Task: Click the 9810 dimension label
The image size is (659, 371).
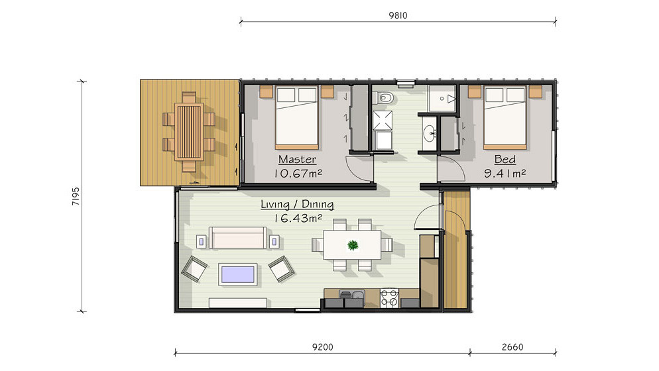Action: tap(398, 15)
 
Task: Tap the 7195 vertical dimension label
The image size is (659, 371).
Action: tap(76, 196)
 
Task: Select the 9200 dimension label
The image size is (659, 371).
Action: tap(323, 347)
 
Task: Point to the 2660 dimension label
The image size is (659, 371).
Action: tap(512, 347)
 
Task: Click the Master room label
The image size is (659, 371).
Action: tap(297, 160)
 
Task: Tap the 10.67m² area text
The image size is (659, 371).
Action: tap(298, 173)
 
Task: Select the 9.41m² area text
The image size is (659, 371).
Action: tap(505, 173)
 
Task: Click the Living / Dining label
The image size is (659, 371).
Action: tap(297, 205)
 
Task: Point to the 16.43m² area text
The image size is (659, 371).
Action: tap(298, 218)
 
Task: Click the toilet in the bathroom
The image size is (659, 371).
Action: tap(384, 98)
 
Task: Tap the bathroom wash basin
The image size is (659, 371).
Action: tap(430, 134)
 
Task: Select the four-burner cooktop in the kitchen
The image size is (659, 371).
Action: tap(389, 298)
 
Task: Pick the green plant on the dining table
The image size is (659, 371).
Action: tap(353, 244)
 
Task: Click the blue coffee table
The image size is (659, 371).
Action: tap(238, 274)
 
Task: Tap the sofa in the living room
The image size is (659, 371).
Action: tap(238, 238)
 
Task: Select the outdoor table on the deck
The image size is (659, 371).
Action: tap(189, 132)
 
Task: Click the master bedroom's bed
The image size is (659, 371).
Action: tap(297, 118)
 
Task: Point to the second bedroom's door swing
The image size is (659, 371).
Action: tap(451, 168)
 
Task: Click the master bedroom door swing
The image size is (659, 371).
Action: tap(359, 168)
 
